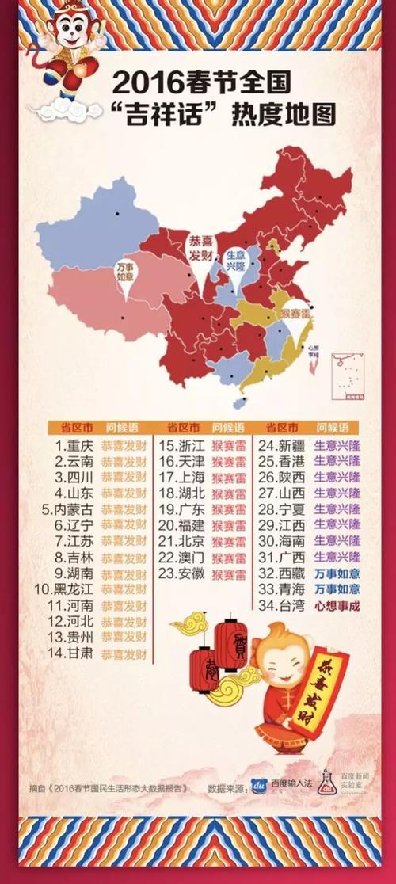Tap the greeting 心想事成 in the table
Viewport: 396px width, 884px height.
tap(337, 606)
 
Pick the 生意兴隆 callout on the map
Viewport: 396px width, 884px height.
tap(236, 262)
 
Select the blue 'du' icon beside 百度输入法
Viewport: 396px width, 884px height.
tap(257, 785)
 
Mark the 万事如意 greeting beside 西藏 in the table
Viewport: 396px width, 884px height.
tap(337, 573)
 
